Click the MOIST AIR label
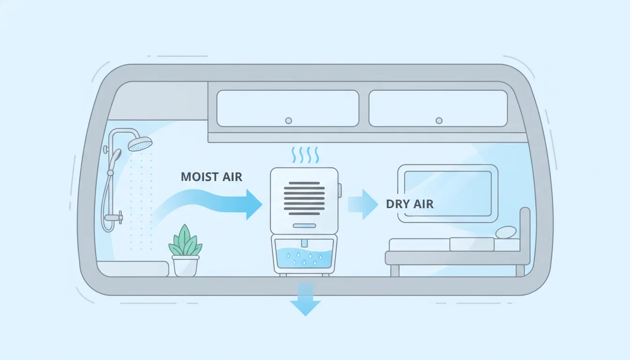tap(211, 177)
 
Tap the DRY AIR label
tap(410, 204)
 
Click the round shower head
tap(140, 144)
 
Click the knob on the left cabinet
tap(288, 120)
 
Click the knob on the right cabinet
tap(439, 120)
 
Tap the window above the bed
tap(447, 193)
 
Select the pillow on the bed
tap(506, 232)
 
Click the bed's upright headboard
tap(525, 234)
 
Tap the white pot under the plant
tap(186, 265)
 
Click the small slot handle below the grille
tap(304, 226)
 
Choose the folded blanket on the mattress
tap(472, 244)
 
